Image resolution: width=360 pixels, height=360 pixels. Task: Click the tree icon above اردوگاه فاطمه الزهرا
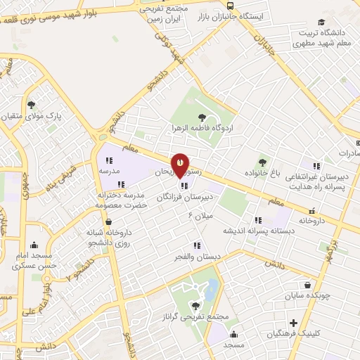coord(202,117)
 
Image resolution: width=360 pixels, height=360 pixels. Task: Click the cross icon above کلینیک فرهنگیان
coord(293,323)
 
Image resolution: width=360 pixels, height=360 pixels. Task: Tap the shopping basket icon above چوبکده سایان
coord(309,285)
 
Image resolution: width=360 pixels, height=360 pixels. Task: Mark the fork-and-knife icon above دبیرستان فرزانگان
coord(184,186)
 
